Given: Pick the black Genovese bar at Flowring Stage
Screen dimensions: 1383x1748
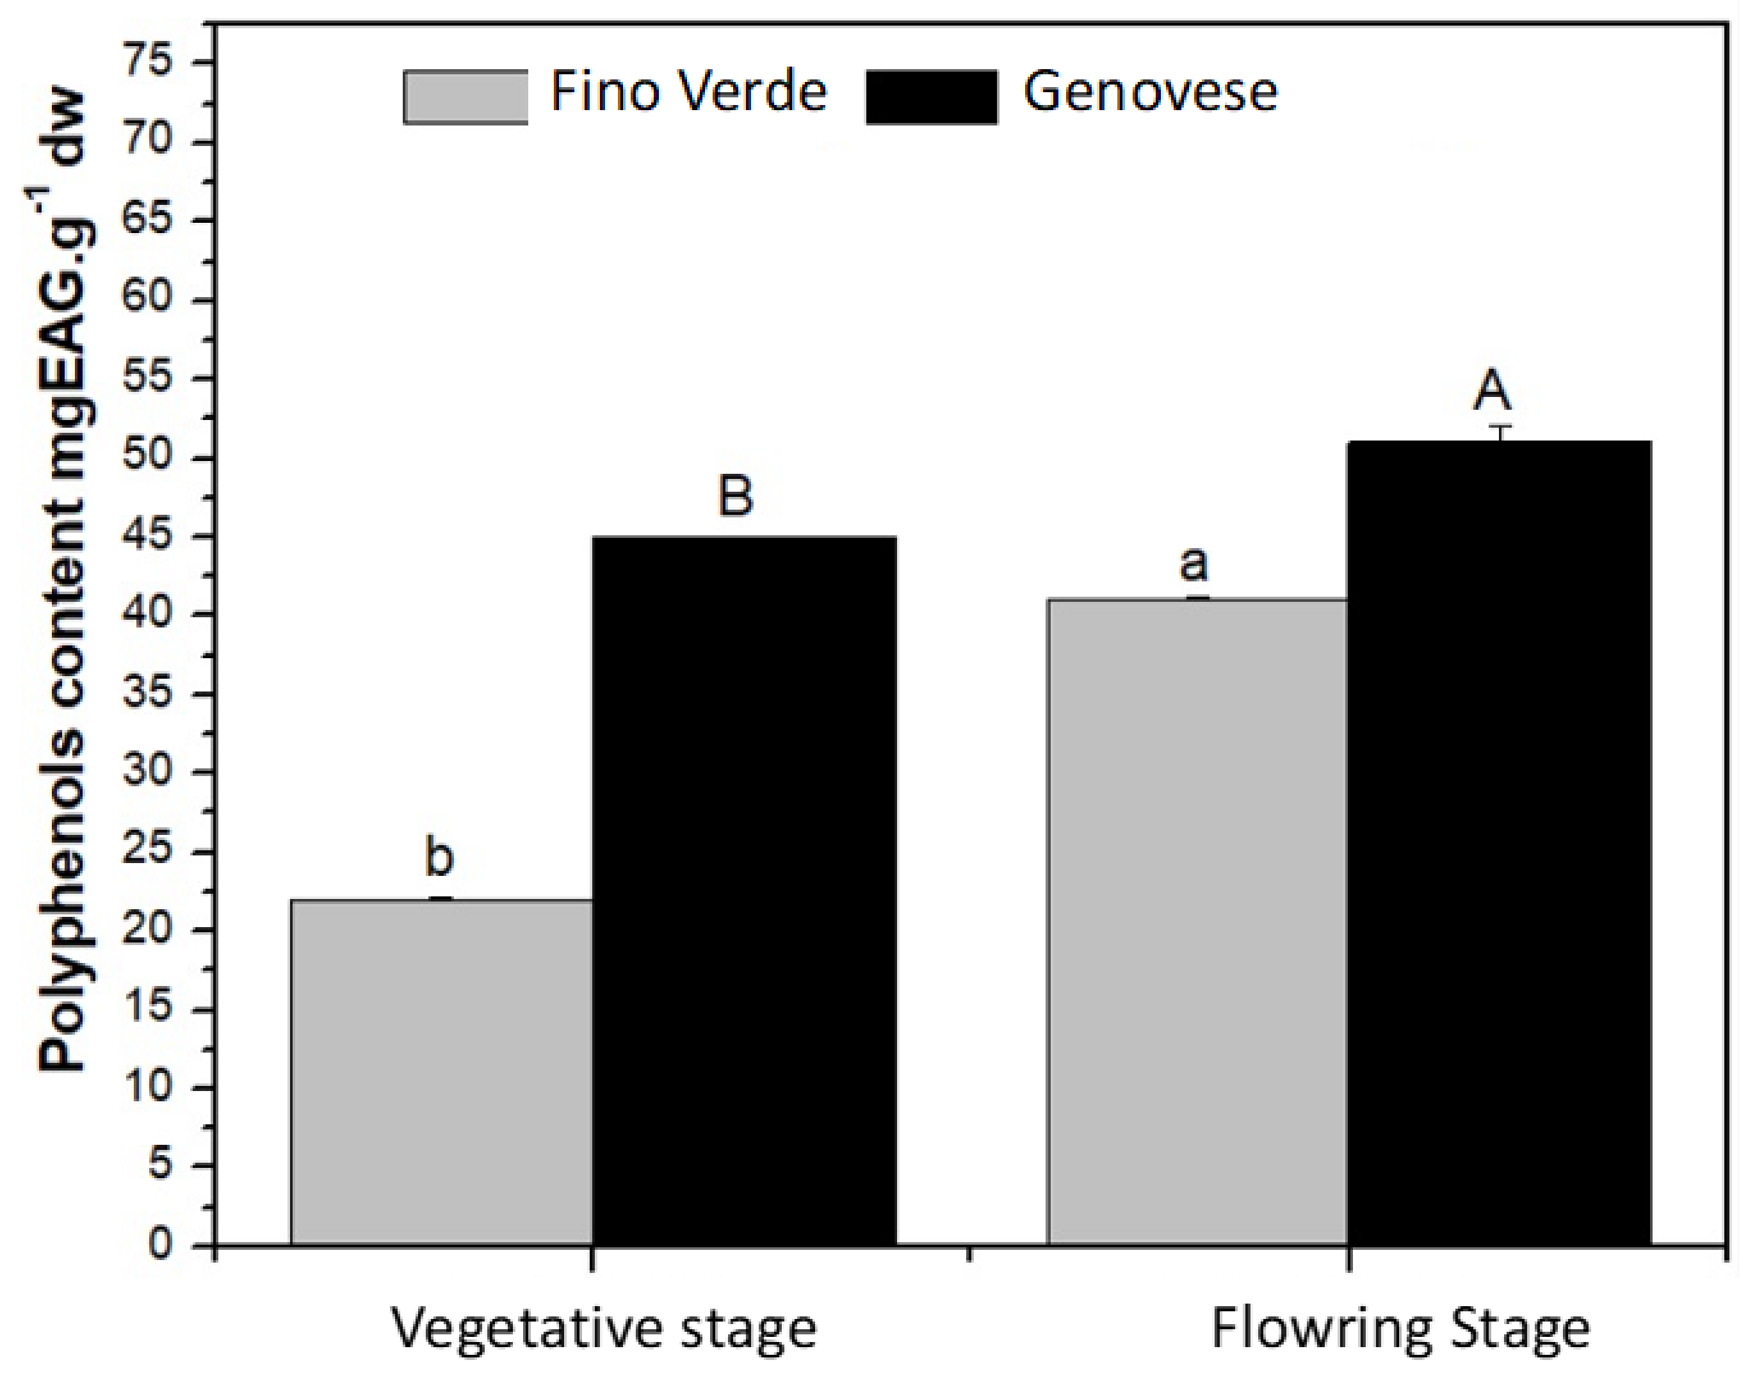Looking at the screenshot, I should click(x=1499, y=842).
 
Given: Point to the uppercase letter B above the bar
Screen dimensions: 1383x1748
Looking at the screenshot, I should click(x=735, y=495).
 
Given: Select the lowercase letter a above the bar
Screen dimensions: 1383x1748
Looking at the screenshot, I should click(x=1194, y=562).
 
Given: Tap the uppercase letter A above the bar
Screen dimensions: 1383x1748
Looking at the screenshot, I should click(x=1491, y=391).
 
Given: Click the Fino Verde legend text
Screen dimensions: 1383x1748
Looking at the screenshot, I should click(x=688, y=91).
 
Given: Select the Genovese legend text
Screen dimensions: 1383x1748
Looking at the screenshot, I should click(x=1150, y=91).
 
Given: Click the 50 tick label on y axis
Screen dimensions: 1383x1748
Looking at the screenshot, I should click(x=147, y=457).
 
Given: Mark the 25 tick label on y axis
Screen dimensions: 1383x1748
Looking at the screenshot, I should click(x=147, y=851).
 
